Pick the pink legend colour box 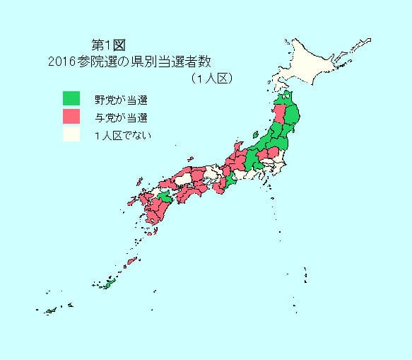[x=71, y=116]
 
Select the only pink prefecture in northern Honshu [x=280, y=115]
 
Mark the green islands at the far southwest [x=51, y=310]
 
